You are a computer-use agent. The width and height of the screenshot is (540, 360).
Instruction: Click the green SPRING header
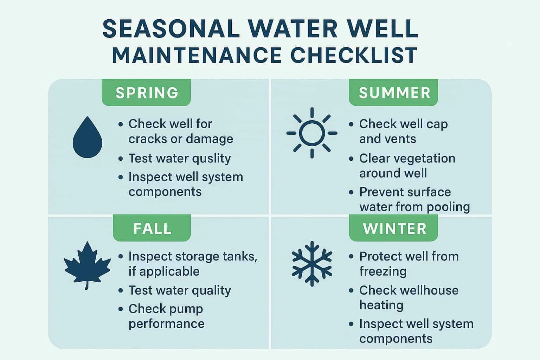147,93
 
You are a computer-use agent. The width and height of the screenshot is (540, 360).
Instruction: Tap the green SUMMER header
394,93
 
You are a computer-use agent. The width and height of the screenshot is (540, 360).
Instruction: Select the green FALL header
152,229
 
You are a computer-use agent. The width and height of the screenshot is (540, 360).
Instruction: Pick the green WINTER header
394,229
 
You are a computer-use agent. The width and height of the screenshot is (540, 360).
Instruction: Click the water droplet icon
87,138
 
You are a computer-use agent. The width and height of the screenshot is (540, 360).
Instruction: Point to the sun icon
311,133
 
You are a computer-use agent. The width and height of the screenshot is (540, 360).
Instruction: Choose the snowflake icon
312,263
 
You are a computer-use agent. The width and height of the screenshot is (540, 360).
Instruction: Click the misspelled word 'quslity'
209,159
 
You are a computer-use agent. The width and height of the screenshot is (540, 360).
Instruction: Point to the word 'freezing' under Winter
382,271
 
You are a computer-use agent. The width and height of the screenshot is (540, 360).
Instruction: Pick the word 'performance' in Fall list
166,323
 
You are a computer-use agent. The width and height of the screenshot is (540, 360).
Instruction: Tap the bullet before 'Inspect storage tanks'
121,257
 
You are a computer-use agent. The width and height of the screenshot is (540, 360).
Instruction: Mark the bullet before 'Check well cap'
351,124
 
